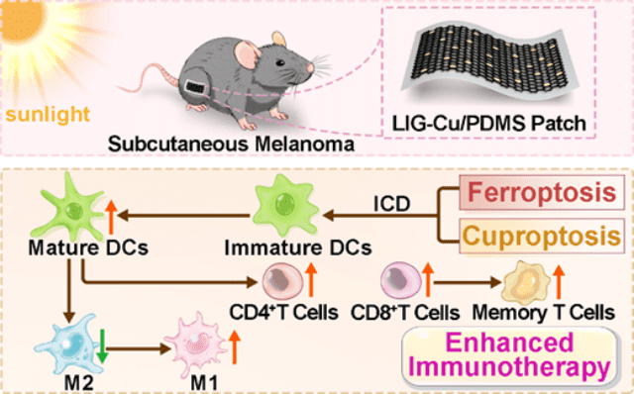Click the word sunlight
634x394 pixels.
pos(48,114)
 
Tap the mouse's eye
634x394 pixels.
pos(279,62)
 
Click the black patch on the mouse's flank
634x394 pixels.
pos(195,86)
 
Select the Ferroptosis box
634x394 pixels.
pos(542,192)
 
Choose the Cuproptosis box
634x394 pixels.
pos(542,236)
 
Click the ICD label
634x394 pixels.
pos(391,204)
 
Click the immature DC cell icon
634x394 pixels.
pos(285,205)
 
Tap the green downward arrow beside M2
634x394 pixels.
pos(102,345)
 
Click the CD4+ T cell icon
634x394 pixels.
pos(282,281)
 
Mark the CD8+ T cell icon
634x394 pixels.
pos(401,279)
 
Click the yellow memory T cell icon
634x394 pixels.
pos(526,282)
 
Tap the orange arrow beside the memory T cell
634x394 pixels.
pos(559,281)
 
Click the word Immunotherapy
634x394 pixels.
pos(509,367)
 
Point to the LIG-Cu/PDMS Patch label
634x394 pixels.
pos(489,124)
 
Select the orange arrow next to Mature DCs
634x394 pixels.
pos(111,217)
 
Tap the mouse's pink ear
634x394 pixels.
pos(248,53)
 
